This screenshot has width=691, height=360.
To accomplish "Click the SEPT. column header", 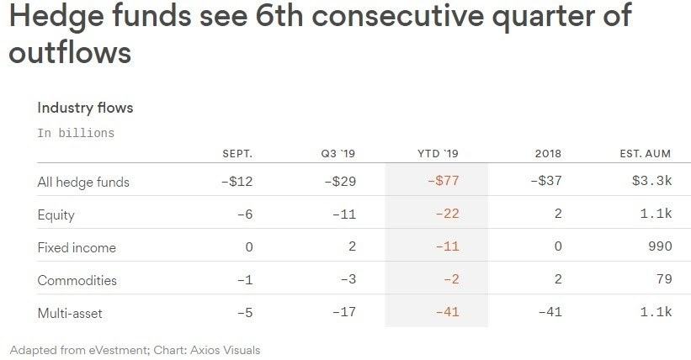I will click(x=237, y=154).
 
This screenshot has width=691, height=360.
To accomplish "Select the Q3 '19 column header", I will click(x=338, y=154).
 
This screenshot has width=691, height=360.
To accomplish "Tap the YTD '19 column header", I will click(x=438, y=154).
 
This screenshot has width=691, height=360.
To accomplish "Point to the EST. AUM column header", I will click(x=646, y=154).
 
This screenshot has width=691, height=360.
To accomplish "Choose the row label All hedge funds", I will click(x=83, y=182).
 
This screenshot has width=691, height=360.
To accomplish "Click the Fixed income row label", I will click(x=77, y=247).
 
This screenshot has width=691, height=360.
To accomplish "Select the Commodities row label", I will click(x=77, y=280).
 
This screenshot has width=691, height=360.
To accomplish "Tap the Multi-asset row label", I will click(x=74, y=313).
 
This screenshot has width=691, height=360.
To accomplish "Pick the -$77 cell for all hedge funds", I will click(x=444, y=182).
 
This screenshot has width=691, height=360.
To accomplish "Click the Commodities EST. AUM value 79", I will click(x=664, y=280).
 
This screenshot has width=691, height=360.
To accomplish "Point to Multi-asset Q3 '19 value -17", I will click(x=344, y=313).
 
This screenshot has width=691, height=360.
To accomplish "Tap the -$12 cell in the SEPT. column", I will click(x=236, y=182).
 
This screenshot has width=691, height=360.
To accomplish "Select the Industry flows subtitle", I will click(x=85, y=108).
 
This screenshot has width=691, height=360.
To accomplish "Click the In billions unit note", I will click(x=76, y=133).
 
